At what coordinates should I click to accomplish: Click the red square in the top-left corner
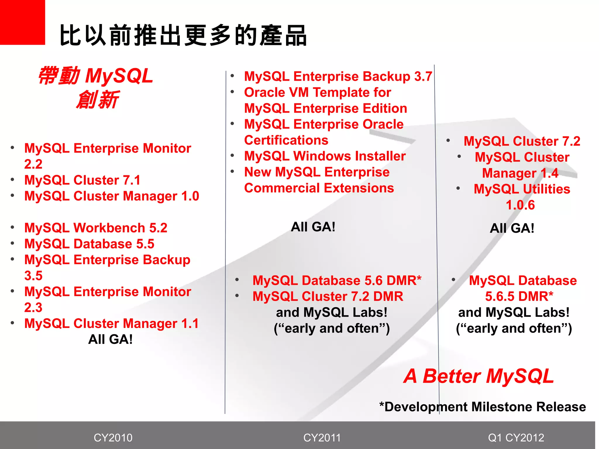pos(22,22)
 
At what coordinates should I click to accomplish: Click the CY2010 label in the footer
pos(113,438)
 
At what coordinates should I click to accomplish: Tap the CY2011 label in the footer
pos(322,438)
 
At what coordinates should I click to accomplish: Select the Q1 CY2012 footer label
pos(516,438)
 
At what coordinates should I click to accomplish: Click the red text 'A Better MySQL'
pos(478,376)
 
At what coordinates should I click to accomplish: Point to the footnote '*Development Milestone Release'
pos(483,407)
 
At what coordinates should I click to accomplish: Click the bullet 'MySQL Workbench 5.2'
pos(96,228)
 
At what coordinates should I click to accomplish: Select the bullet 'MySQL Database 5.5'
pos(89,244)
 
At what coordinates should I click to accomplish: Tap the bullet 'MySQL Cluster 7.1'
pos(82,180)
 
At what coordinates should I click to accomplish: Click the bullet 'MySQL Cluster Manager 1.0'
pos(111,196)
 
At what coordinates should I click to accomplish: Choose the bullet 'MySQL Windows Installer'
pos(325,156)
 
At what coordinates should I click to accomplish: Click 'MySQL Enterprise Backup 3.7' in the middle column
pos(338,76)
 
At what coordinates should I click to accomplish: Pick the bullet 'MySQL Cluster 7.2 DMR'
pos(328,296)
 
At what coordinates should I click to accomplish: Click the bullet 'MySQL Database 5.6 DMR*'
pos(337,280)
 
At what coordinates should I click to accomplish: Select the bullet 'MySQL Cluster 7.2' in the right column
pos(522,141)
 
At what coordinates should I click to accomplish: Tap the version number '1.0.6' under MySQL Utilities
pos(520,205)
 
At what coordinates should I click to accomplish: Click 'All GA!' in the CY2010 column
pos(110,339)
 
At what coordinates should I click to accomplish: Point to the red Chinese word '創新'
pos(97,100)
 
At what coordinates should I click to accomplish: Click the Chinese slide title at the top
pos(183,36)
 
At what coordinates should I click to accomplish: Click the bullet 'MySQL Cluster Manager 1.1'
pos(111,323)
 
